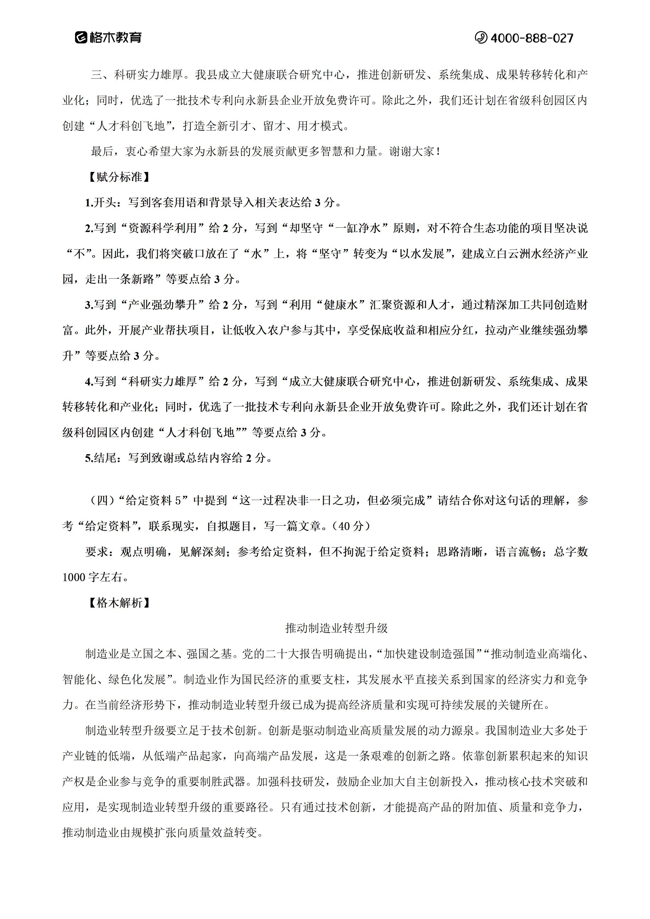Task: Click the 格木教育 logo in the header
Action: (x=108, y=38)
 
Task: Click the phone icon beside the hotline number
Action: (x=481, y=38)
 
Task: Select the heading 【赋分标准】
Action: (x=119, y=177)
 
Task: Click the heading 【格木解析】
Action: (x=119, y=603)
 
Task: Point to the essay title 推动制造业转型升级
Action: (x=336, y=628)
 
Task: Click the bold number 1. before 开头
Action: (x=89, y=203)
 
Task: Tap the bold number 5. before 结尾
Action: (x=89, y=458)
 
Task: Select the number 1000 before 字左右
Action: (x=74, y=578)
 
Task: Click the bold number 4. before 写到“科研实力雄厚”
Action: (x=89, y=382)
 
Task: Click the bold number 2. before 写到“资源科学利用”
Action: (x=89, y=228)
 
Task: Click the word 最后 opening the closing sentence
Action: (x=102, y=152)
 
